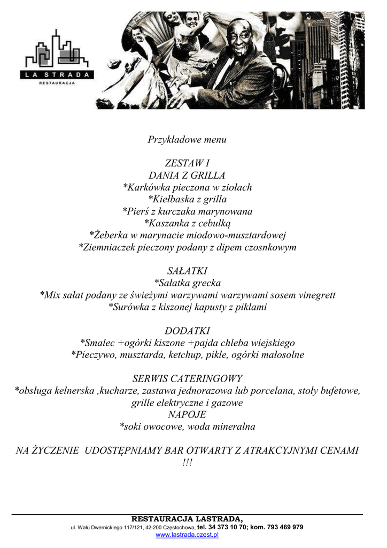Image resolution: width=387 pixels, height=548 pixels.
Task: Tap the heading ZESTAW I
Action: [187, 163]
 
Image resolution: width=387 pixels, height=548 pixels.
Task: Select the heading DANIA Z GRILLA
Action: [187, 176]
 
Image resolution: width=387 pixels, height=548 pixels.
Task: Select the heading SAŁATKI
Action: [187, 271]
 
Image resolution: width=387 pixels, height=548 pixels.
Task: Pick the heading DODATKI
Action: [187, 331]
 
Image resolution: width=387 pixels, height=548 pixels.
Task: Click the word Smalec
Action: [98, 343]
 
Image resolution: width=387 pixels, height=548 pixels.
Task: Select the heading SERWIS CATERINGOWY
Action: [187, 378]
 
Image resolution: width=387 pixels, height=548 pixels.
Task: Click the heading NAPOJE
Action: [187, 415]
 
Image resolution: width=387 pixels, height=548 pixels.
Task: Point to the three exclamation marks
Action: [187, 462]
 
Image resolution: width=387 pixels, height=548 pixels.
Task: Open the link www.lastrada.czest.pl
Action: [187, 535]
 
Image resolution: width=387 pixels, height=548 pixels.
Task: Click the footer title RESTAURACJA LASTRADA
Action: [187, 519]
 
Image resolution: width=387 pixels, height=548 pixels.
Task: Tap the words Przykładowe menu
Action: [187, 140]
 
